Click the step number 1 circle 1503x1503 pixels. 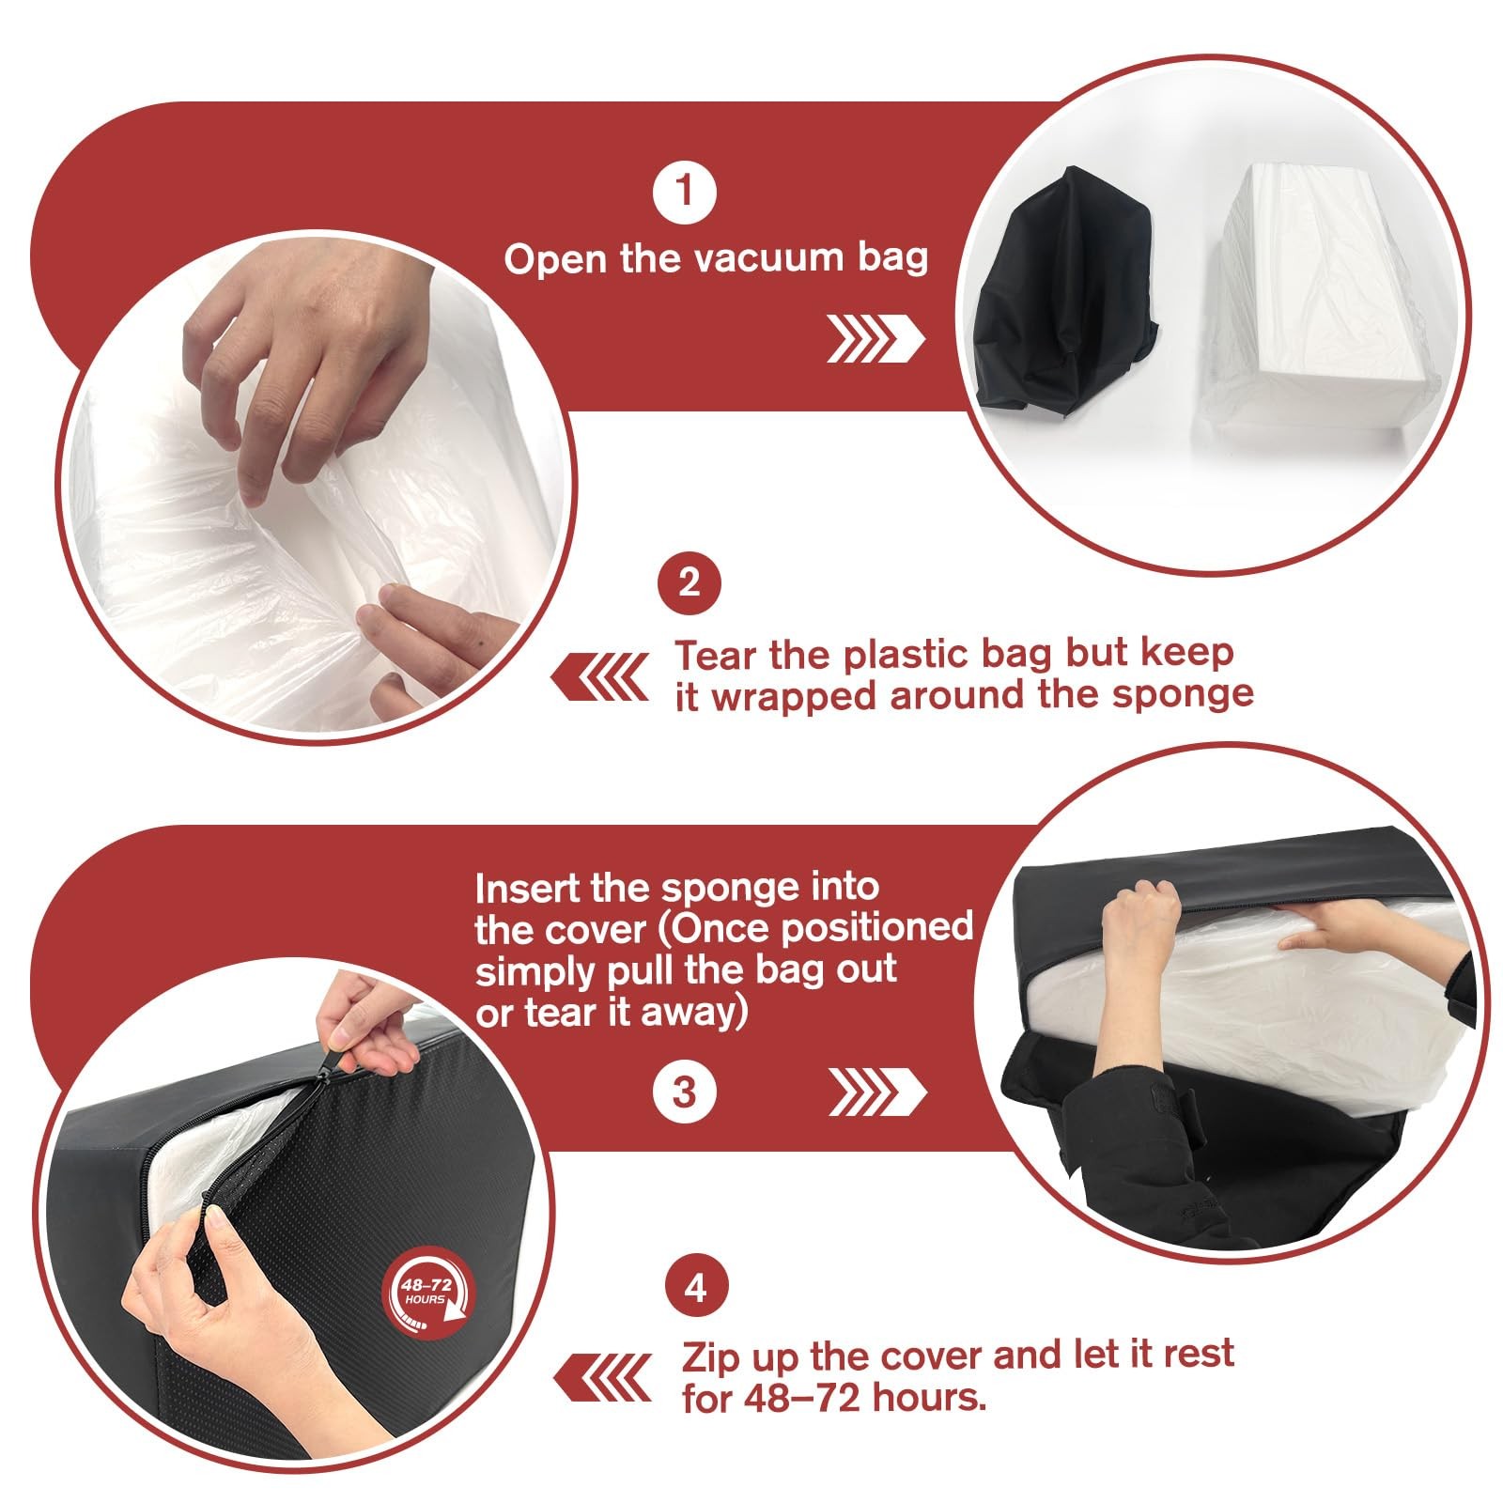click(x=685, y=192)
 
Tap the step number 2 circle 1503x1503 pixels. click(x=689, y=582)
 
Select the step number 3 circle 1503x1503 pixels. click(x=685, y=1092)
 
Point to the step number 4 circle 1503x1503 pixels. click(x=695, y=1287)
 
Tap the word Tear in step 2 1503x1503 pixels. click(x=718, y=654)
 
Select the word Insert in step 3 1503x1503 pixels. click(x=527, y=888)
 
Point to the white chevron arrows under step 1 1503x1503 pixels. click(x=875, y=339)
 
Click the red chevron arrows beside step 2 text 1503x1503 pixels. click(x=600, y=677)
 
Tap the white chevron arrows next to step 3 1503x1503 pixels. click(x=877, y=1093)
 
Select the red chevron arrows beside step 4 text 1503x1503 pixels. click(x=602, y=1378)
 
